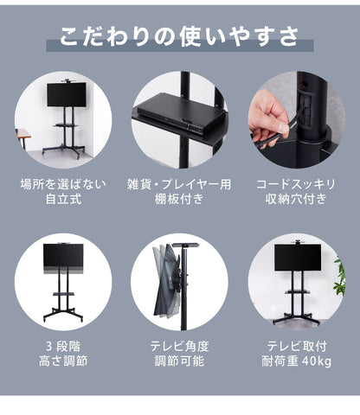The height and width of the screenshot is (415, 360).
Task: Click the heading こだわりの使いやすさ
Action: [x=180, y=37]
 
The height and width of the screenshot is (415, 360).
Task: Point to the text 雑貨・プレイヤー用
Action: [x=180, y=184]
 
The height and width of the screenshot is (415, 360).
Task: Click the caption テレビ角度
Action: [x=180, y=345]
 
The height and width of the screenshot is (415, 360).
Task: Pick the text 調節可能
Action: [x=180, y=361]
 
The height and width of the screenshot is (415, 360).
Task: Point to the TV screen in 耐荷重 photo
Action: [x=297, y=256]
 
